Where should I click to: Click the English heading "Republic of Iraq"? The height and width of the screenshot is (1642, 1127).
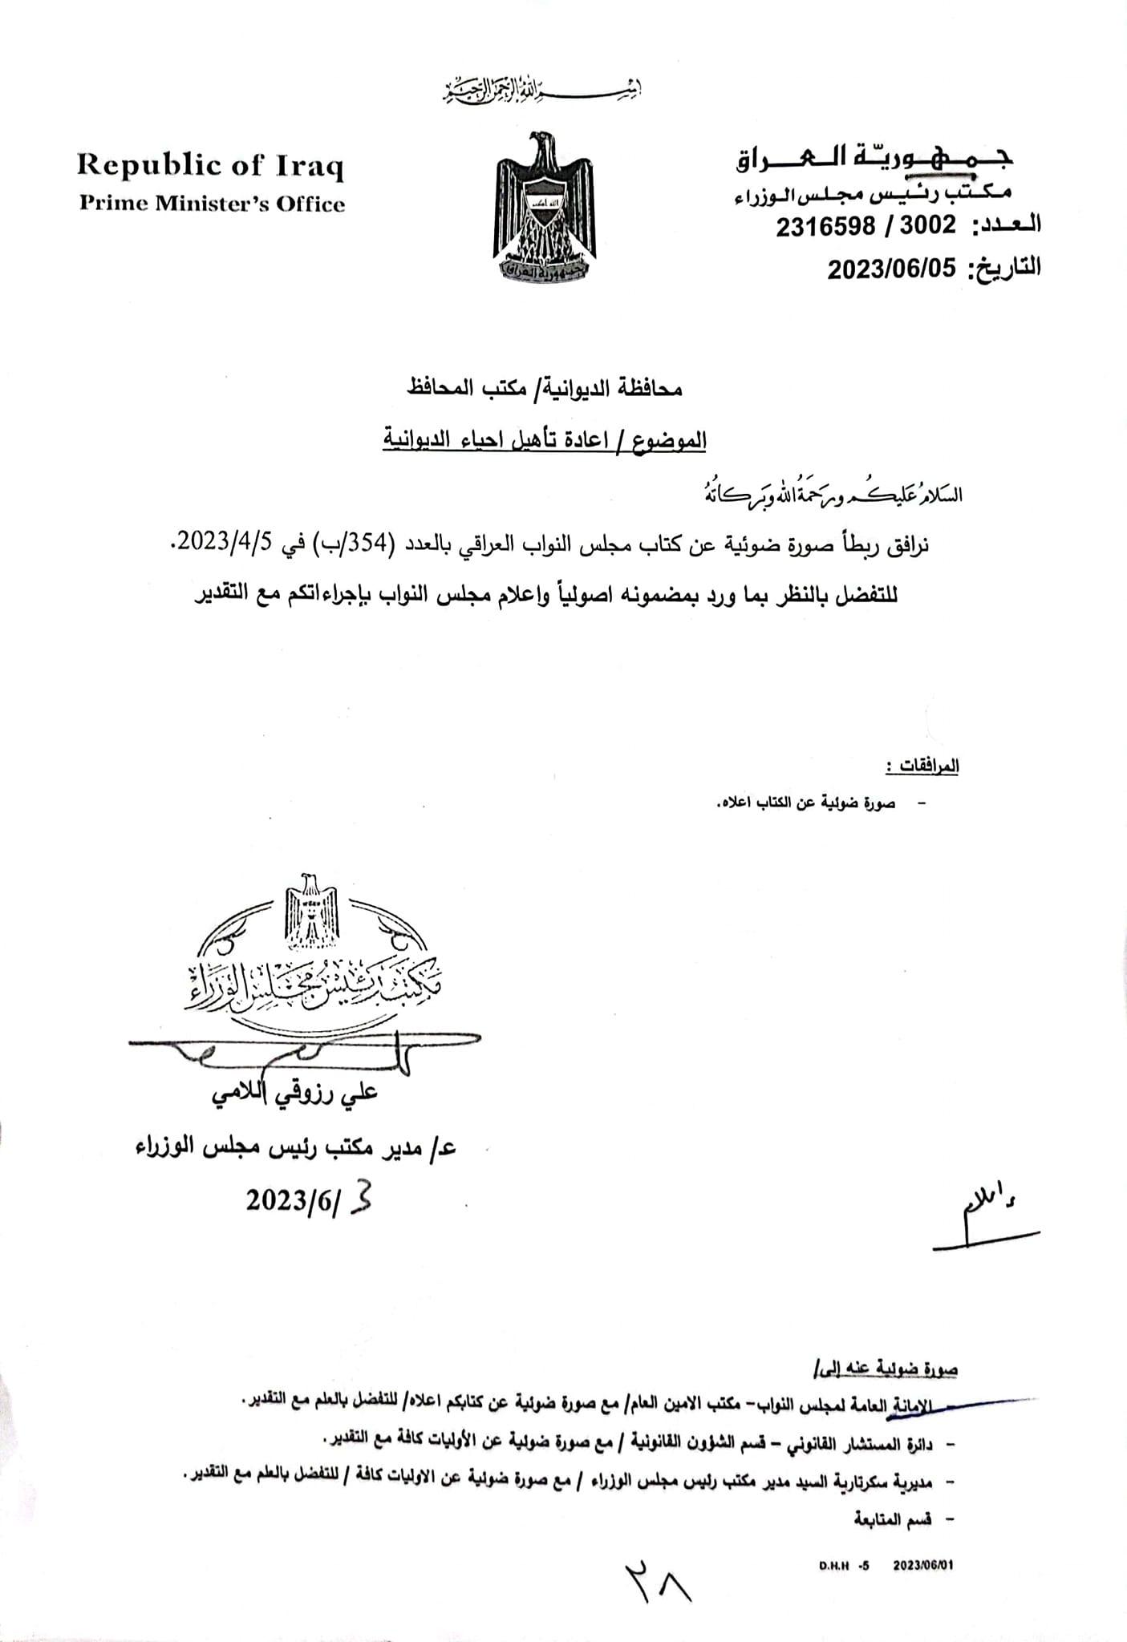click(x=211, y=166)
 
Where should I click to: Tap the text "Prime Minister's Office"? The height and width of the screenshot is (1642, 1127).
click(x=212, y=204)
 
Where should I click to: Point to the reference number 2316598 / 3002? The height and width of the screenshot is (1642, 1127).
click(x=866, y=227)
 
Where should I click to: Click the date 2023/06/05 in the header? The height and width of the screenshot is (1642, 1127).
click(x=892, y=268)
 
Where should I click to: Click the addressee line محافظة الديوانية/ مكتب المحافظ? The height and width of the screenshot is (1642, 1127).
click(x=545, y=390)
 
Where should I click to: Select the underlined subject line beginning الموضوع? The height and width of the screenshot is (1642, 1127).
click(x=545, y=440)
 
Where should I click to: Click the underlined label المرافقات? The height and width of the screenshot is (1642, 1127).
click(x=922, y=766)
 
